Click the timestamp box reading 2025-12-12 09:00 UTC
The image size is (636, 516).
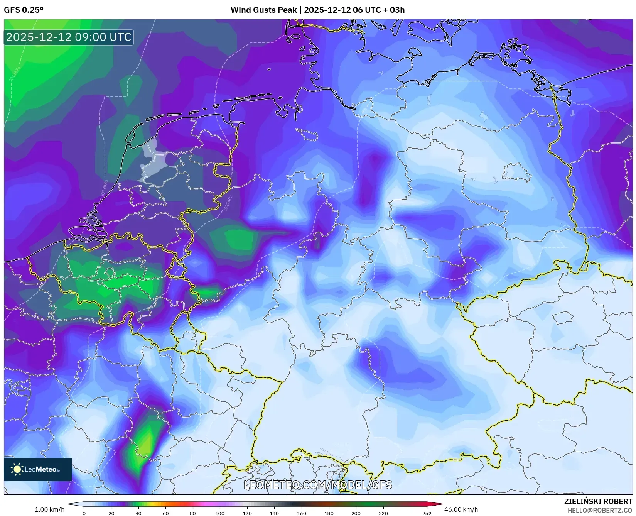click(69, 37)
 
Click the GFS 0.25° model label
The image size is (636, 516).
click(24, 10)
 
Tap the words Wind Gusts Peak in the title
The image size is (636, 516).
click(264, 10)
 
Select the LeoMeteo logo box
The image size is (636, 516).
click(38, 469)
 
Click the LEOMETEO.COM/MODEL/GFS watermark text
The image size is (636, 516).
click(318, 485)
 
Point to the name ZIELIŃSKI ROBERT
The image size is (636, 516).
click(598, 501)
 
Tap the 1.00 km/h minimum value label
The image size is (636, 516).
click(49, 509)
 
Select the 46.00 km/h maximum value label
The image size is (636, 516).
click(461, 509)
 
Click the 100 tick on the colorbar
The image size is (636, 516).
click(220, 513)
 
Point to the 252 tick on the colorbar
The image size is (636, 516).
click(427, 513)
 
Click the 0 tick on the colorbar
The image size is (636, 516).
click(84, 513)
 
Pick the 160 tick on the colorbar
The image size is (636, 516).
click(301, 513)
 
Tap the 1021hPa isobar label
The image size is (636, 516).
click(228, 203)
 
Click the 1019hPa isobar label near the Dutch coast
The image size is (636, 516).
click(104, 189)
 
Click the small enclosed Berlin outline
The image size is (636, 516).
click(516, 173)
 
